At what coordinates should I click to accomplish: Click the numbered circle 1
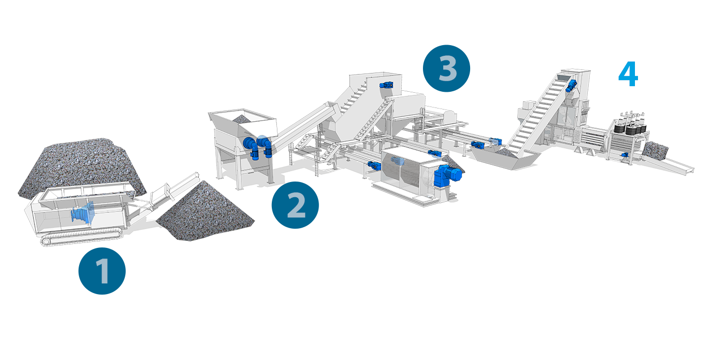(102, 271)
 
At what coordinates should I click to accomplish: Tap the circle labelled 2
(295, 205)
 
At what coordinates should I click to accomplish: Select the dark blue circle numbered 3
(447, 68)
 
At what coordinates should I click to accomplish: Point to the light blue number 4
(628, 74)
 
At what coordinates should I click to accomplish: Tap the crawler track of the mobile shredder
(81, 237)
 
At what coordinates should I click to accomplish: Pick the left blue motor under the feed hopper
(252, 148)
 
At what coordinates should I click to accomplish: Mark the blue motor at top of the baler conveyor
(571, 86)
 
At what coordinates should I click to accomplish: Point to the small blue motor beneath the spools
(625, 155)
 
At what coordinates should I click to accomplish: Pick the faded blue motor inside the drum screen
(398, 161)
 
